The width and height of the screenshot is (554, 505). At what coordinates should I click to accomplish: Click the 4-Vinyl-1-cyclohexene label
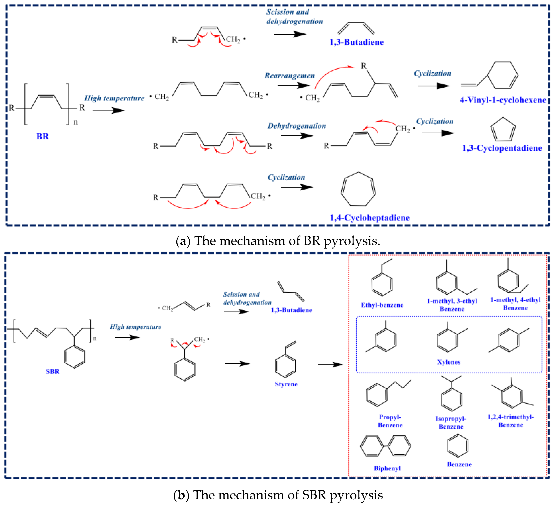503,100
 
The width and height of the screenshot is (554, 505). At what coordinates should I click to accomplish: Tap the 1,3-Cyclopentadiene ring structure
503,130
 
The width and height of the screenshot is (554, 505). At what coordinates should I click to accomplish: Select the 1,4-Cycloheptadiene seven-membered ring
358,189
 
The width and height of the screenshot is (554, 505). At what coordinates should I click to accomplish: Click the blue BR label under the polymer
43,136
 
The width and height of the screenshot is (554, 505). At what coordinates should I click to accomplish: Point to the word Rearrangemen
289,76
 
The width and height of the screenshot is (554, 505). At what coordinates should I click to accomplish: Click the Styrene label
286,384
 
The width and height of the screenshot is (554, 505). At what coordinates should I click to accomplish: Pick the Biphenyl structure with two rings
385,446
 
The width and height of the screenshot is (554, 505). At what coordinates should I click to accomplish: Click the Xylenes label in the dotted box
448,362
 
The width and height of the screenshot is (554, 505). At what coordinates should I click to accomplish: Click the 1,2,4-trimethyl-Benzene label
511,421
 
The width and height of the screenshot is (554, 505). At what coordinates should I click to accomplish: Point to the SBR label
52,372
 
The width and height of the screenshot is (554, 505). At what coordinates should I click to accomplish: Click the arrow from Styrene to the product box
330,365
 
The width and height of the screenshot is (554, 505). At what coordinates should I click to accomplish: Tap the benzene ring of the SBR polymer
74,357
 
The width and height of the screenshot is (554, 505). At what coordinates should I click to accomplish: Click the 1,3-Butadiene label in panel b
291,310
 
